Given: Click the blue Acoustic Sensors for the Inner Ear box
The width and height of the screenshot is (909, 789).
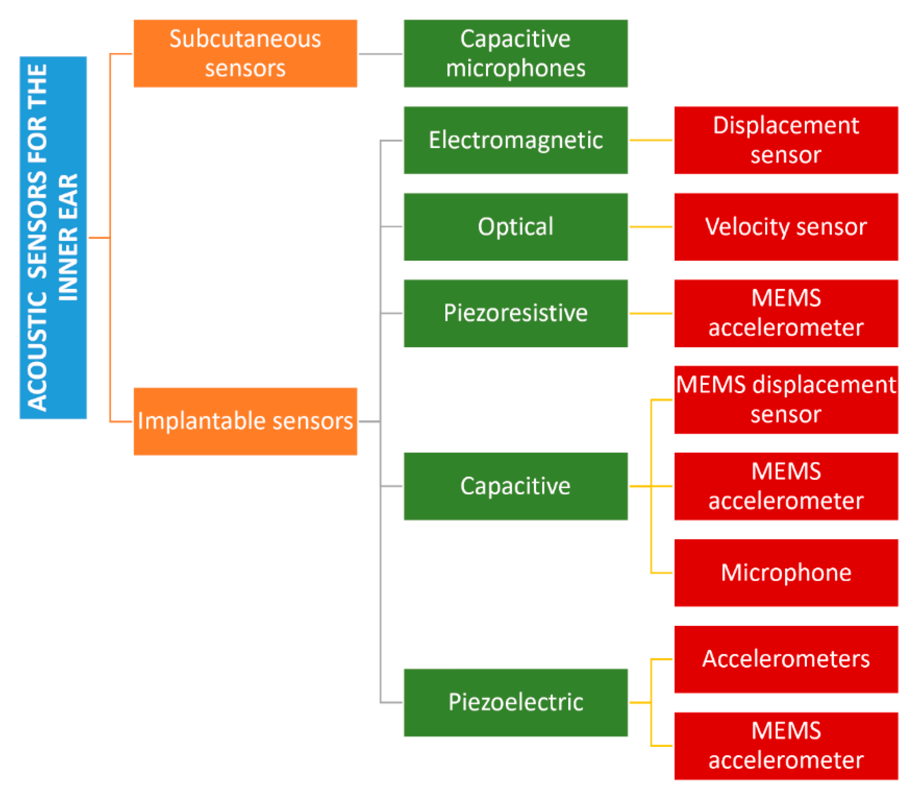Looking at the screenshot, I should pyautogui.click(x=53, y=238).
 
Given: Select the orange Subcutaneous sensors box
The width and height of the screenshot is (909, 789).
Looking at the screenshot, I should pyautogui.click(x=245, y=53).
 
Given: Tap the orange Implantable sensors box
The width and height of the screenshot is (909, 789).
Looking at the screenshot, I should pyautogui.click(x=245, y=422).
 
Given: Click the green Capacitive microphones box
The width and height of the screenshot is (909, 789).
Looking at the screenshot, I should pyautogui.click(x=515, y=53).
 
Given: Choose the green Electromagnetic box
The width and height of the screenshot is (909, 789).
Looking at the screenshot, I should pyautogui.click(x=515, y=140).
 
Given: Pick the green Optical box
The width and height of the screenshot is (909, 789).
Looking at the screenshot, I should pyautogui.click(x=515, y=227).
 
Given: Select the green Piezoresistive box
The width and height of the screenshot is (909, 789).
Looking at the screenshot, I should pyautogui.click(x=515, y=313).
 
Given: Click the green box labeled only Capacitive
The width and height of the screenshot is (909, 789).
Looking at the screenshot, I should pyautogui.click(x=515, y=486).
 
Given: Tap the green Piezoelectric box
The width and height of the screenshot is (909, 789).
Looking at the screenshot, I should pyautogui.click(x=515, y=702).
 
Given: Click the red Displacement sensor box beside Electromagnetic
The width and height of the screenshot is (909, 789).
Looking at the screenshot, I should pyautogui.click(x=786, y=140).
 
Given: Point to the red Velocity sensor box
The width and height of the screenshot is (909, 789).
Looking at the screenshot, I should pyautogui.click(x=786, y=227).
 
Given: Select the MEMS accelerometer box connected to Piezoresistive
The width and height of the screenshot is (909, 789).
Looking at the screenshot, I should pyautogui.click(x=786, y=313).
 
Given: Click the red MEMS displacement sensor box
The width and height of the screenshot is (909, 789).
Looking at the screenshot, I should pyautogui.click(x=786, y=399).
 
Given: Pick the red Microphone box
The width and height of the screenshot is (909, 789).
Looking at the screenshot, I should pyautogui.click(x=786, y=572).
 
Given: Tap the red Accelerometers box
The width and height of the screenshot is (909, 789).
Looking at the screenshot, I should pyautogui.click(x=786, y=659).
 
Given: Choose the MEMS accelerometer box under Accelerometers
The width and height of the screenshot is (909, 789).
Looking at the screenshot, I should pyautogui.click(x=786, y=745).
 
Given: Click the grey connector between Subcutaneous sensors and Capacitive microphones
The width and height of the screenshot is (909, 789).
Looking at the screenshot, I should pyautogui.click(x=380, y=54).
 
